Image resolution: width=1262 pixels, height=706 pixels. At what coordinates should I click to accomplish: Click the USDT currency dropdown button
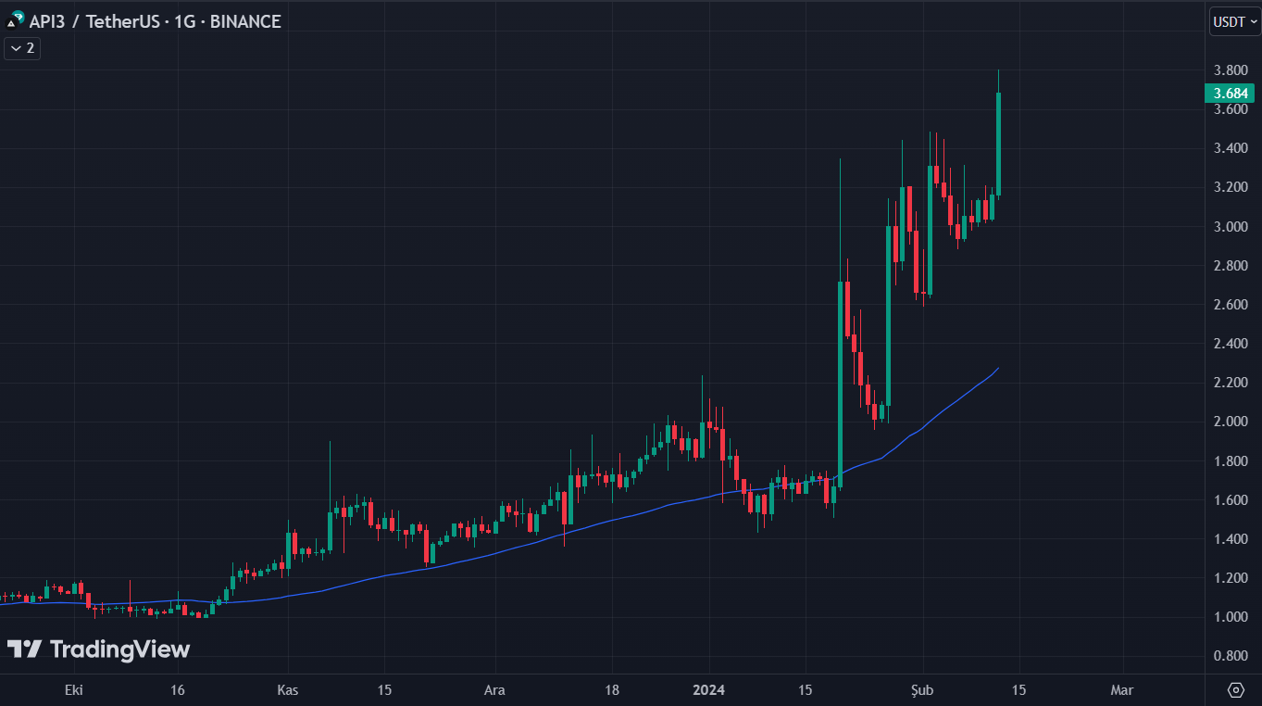(1234, 22)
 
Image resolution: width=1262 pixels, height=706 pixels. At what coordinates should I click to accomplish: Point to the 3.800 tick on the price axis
(1231, 70)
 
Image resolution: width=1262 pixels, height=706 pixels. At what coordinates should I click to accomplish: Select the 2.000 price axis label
(1231, 422)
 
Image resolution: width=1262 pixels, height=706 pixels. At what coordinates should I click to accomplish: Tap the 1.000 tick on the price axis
(1231, 617)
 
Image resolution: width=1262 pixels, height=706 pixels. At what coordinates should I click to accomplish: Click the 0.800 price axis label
(1231, 656)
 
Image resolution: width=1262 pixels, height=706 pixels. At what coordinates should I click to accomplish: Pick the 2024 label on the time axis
(708, 690)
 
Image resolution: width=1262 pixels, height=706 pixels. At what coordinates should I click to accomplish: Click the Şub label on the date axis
(923, 690)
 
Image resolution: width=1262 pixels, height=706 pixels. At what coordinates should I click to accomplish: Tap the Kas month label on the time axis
(288, 690)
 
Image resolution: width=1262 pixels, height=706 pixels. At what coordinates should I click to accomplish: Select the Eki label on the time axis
(73, 690)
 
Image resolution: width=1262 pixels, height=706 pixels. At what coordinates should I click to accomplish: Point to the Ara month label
(496, 690)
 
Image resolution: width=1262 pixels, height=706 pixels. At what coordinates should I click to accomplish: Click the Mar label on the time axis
(1121, 690)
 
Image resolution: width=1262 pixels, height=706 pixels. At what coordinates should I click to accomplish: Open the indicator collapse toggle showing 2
(22, 48)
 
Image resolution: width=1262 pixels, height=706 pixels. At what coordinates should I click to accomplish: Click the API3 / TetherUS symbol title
(93, 21)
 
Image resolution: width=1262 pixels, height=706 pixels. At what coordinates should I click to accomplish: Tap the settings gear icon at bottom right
(1235, 690)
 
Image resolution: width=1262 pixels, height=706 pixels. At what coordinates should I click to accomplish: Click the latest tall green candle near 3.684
(998, 144)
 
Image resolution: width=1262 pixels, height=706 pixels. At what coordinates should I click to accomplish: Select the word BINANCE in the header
(245, 21)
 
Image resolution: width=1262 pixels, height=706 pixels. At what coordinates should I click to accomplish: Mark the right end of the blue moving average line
(998, 368)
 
